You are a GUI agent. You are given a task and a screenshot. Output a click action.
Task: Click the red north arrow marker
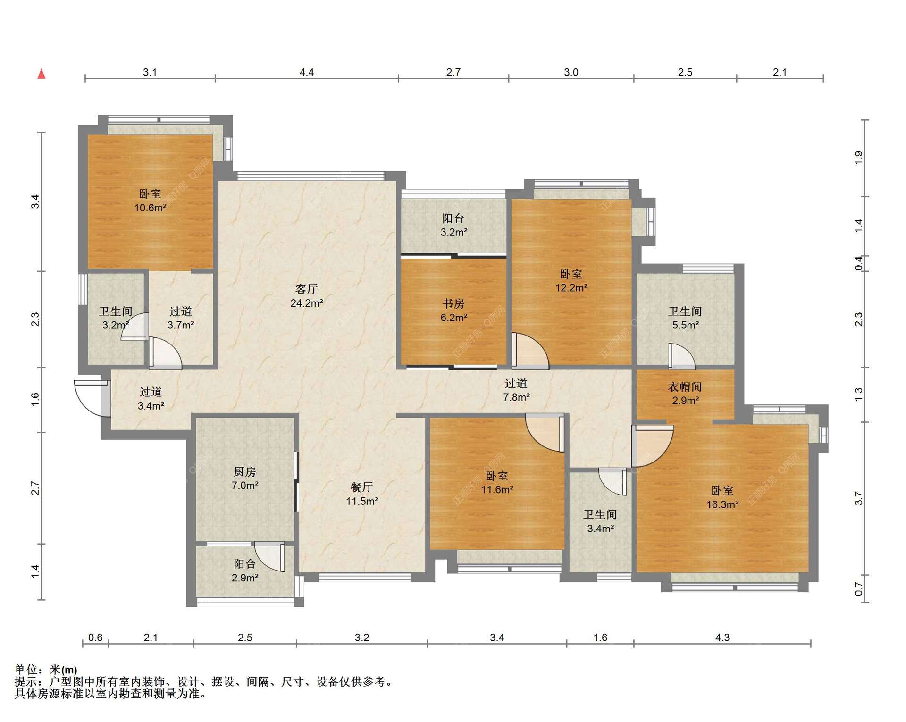tap(42, 74)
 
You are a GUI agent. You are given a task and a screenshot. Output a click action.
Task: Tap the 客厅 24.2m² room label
tap(307, 296)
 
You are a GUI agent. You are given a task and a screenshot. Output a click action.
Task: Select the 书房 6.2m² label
tap(453, 311)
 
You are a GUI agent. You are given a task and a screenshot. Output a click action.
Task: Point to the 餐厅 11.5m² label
tap(362, 494)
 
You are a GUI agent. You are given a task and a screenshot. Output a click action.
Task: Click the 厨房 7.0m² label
tap(245, 479)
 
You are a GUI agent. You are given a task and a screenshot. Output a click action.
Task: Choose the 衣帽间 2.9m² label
tap(685, 394)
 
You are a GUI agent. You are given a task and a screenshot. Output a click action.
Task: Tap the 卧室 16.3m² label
tap(722, 497)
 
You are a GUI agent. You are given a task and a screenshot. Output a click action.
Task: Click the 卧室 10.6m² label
tap(150, 201)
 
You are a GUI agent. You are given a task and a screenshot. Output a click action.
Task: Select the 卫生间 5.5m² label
tap(685, 318)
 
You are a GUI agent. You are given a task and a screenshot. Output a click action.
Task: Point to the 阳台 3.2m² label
tap(453, 225)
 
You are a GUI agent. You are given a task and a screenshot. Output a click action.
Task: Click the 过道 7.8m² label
tap(516, 390)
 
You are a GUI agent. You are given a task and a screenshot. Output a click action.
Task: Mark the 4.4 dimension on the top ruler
tap(307, 72)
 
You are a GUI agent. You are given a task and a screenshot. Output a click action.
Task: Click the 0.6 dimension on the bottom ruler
tap(95, 638)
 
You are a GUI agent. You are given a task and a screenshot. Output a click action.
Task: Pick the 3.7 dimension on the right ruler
tap(858, 498)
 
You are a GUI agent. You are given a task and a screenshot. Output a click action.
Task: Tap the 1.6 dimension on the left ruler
tap(35, 400)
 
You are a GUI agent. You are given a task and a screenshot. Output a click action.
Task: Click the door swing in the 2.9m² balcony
tap(270, 557)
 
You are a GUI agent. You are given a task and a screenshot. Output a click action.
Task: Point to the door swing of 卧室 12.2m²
tap(530, 351)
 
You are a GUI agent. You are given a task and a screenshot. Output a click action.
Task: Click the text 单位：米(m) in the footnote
tap(46, 670)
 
